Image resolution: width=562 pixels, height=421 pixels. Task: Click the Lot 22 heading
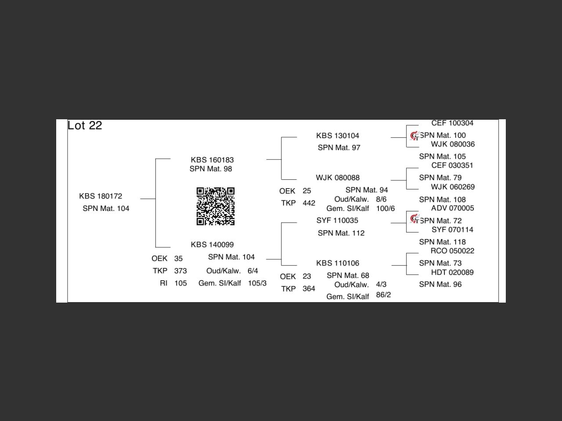85,125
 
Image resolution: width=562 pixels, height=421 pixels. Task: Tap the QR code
215,206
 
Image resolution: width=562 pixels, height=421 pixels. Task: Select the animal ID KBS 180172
101,196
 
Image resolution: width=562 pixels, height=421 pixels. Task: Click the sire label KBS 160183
212,160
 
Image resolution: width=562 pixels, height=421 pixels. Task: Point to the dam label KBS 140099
212,245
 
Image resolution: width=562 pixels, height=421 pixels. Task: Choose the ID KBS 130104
337,136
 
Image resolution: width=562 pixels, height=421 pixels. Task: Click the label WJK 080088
337,178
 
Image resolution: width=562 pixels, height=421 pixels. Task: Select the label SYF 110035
337,220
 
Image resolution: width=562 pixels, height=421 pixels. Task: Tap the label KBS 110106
337,263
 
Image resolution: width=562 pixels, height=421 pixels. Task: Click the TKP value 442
309,203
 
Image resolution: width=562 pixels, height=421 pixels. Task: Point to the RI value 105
180,283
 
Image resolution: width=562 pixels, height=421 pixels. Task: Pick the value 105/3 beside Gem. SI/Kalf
257,283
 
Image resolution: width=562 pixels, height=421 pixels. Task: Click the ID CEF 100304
452,123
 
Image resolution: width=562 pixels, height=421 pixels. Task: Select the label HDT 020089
452,272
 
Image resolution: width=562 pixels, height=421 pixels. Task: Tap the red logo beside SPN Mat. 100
414,136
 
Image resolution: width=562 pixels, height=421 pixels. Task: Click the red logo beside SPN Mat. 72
414,218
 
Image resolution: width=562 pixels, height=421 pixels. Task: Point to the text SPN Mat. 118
442,242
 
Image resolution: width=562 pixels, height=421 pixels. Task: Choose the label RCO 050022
452,251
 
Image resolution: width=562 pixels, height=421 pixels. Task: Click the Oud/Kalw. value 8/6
381,199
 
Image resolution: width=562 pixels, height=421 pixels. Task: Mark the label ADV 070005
452,208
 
